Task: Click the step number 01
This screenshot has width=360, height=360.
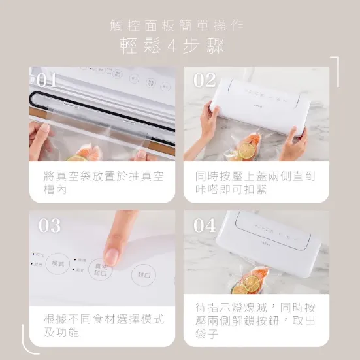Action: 46,80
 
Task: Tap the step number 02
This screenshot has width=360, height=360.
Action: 205,80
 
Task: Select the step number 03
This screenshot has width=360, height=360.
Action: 50,225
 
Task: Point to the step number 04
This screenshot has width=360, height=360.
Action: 205,225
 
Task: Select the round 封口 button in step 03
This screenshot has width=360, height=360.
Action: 143,275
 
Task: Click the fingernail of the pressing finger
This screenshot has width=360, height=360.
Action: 112,255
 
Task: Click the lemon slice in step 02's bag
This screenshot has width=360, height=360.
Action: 247,150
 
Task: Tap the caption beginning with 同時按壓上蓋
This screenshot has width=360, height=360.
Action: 255,182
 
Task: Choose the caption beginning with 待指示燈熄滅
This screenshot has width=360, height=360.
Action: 255,320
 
